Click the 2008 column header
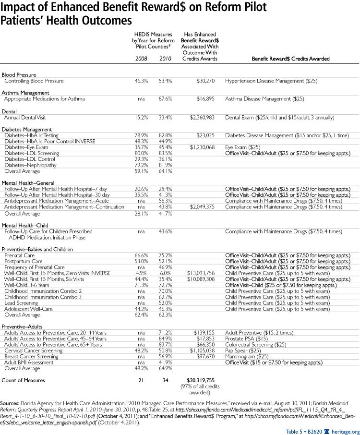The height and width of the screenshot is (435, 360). pos(141,59)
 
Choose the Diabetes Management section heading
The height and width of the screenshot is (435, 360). pos(27,130)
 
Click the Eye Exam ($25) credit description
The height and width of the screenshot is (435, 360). pos(247,147)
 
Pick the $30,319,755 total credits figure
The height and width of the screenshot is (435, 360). pos(203,380)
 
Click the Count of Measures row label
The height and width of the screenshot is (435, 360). pos(24,380)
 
